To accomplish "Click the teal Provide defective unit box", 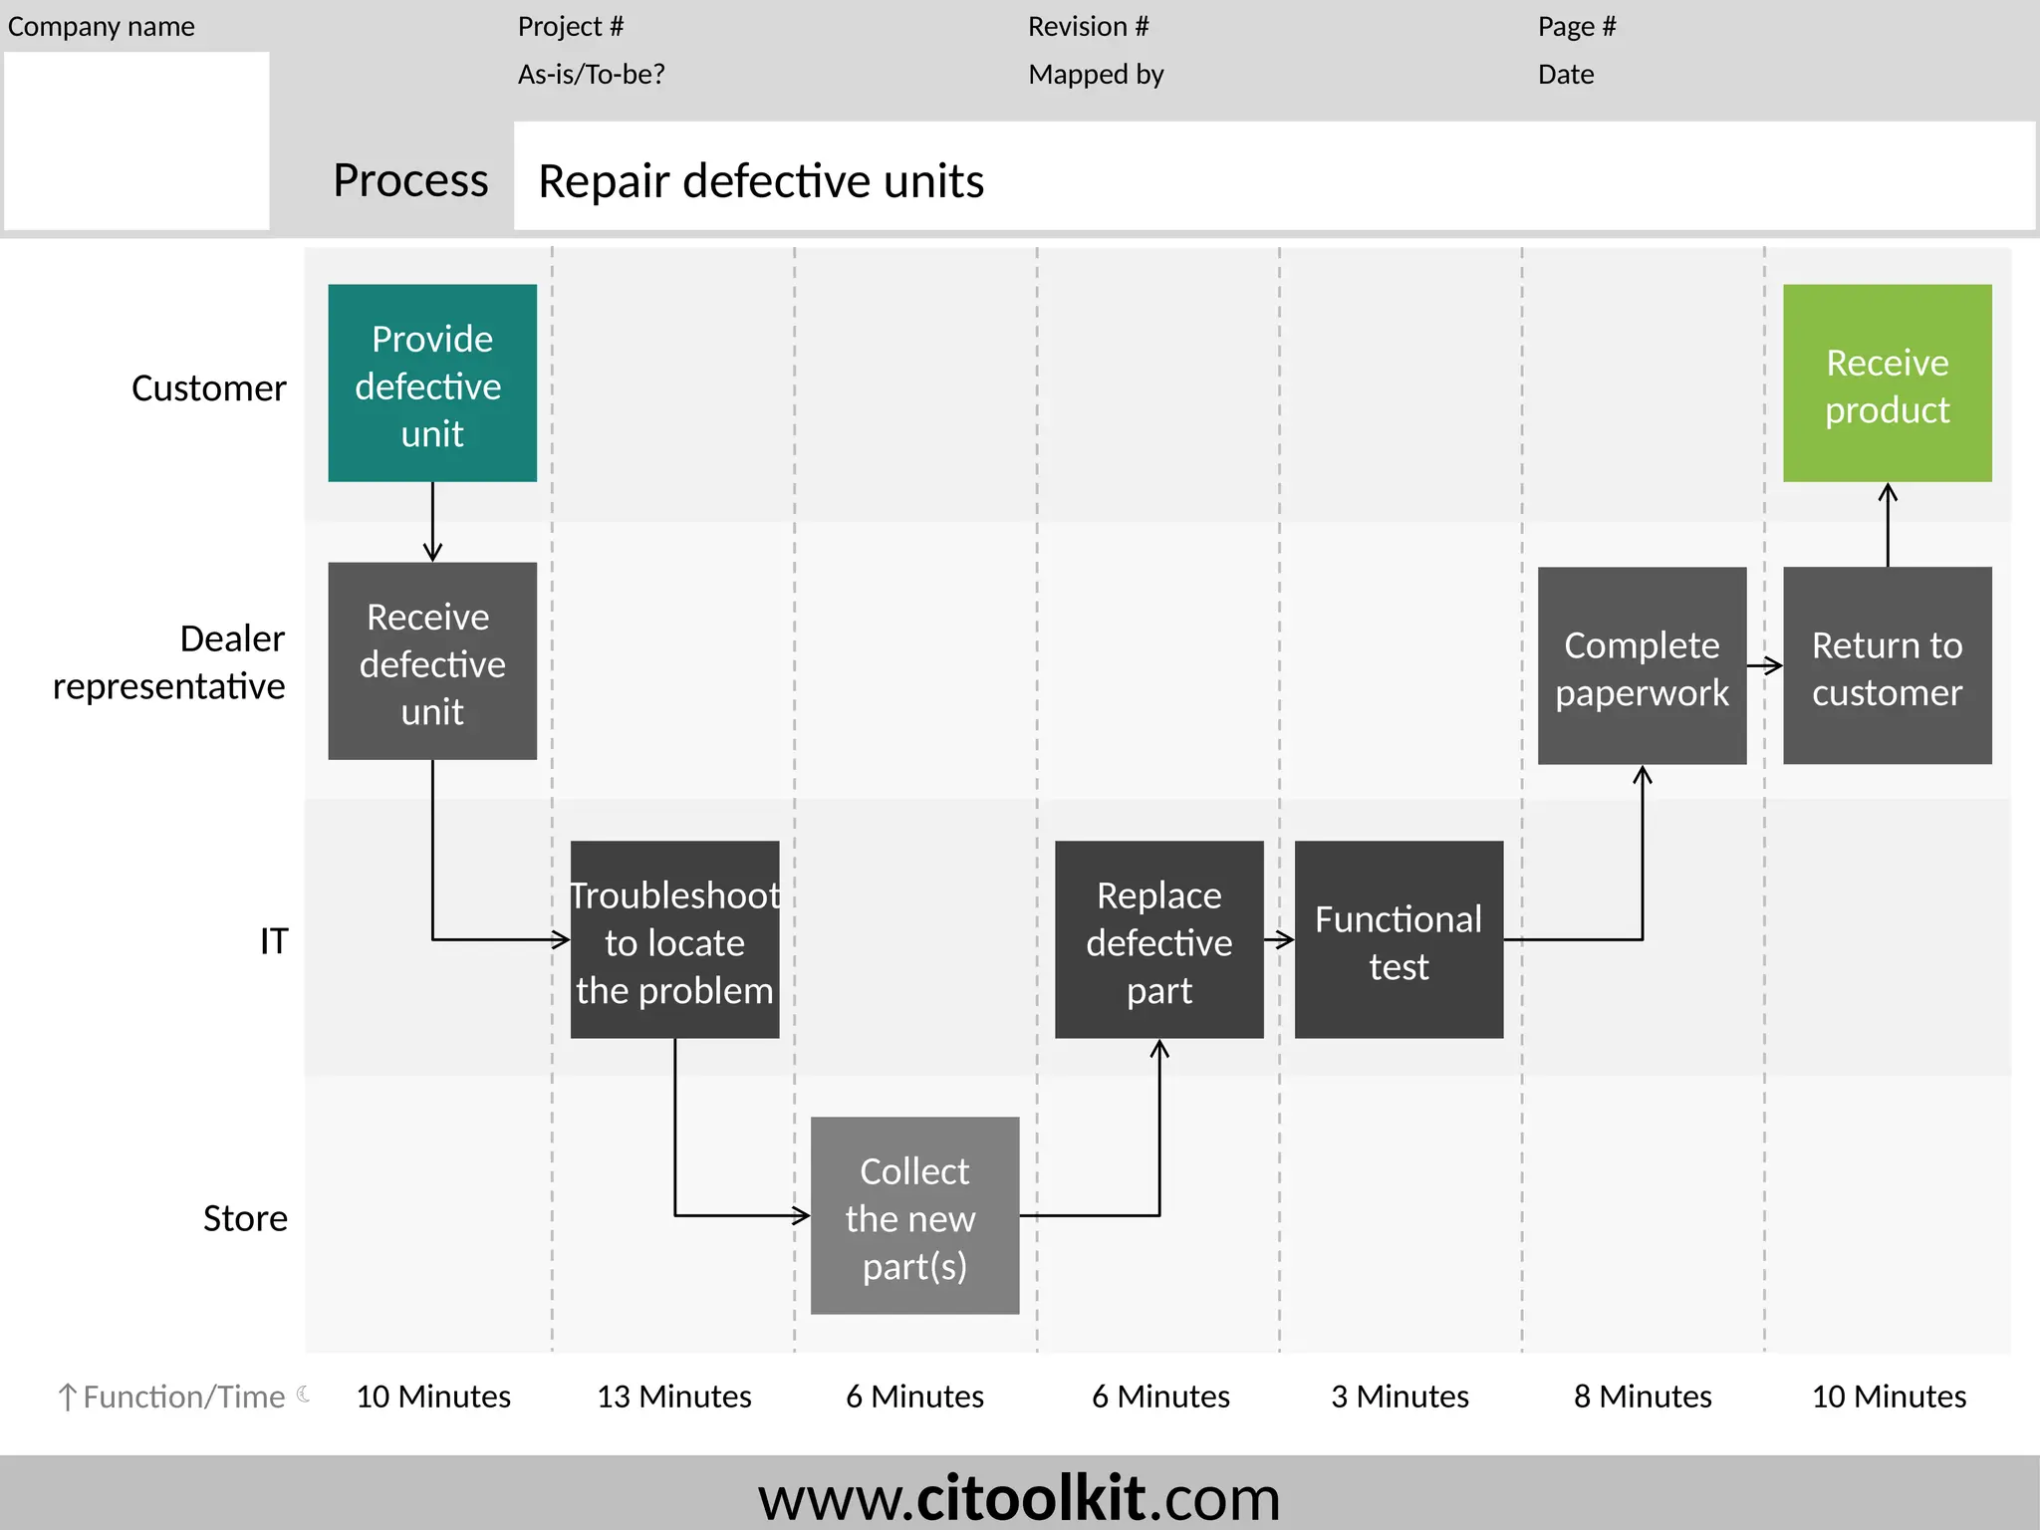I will (x=432, y=383).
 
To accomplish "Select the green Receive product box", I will (x=1887, y=383).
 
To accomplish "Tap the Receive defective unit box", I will (x=432, y=661).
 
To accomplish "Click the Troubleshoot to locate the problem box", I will (x=674, y=940).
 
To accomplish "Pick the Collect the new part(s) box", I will (x=914, y=1216).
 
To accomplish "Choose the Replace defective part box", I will (x=1158, y=940).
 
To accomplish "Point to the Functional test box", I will (x=1399, y=940).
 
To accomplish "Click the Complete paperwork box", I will (x=1642, y=666).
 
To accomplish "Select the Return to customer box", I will (x=1887, y=666).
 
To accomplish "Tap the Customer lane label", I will (x=209, y=388).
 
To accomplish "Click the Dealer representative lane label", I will (x=169, y=662).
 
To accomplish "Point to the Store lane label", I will (x=245, y=1218).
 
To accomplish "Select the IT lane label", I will (x=274, y=941).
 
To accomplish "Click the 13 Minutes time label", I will (x=673, y=1397).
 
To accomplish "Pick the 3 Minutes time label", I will (x=1400, y=1397).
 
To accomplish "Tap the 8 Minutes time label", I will (x=1643, y=1397).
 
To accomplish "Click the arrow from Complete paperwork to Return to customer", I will (x=1764, y=665).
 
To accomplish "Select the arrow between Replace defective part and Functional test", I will (x=1279, y=938).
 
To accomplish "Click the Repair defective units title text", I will (x=761, y=181).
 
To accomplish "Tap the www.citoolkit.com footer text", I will (x=1019, y=1497).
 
